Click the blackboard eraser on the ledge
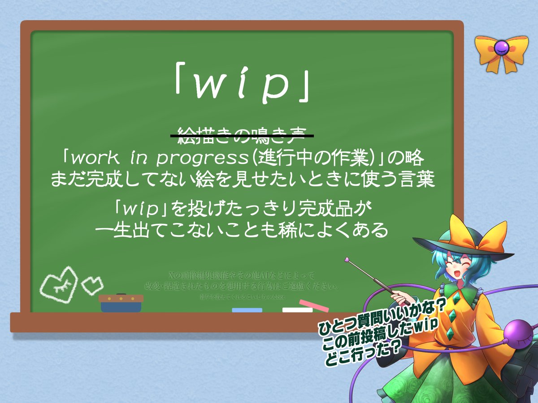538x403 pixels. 121,303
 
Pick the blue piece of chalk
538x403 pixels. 247,310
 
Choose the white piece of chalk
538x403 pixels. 297,309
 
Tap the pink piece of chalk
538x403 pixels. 314,305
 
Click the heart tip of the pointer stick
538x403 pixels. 347,259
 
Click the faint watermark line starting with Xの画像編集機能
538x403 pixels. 242,274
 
